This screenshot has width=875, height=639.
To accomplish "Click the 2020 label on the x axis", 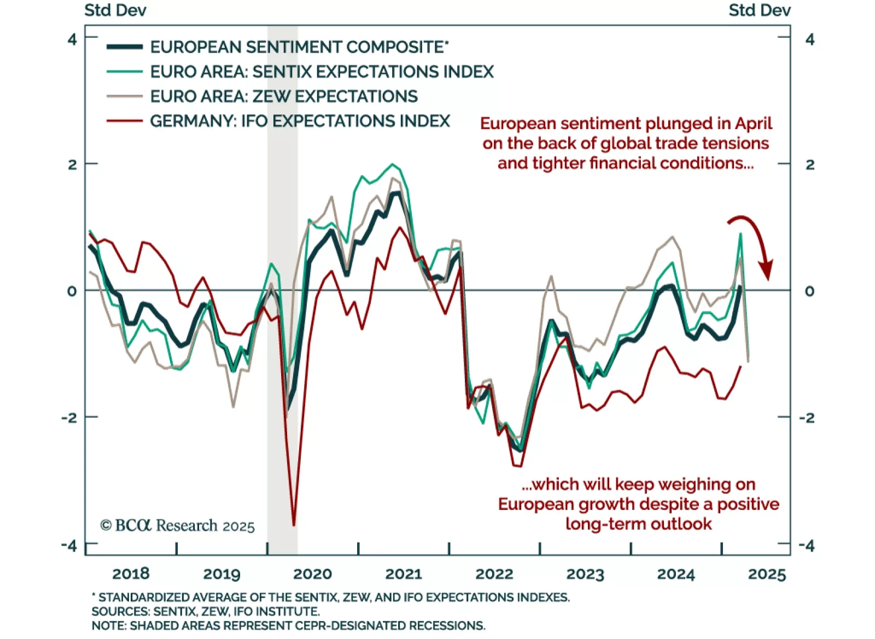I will click(312, 573).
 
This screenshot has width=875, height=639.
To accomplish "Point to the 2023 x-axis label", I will click(585, 574).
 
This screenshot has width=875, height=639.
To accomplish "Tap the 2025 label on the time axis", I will click(767, 574).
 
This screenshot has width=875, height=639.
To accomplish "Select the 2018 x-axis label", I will click(131, 573).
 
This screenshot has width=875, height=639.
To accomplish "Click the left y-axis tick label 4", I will click(72, 39).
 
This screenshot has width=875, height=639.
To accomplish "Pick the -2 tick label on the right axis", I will click(807, 418).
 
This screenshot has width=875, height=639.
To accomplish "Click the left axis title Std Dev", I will click(115, 10).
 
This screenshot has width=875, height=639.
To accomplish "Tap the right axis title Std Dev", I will click(759, 10).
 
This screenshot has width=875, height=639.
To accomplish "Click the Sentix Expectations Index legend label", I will click(322, 72).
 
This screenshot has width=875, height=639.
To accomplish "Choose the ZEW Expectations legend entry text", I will click(284, 96).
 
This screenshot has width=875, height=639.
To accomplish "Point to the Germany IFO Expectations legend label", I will click(300, 121).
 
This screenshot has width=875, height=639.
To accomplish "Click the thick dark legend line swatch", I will click(125, 47).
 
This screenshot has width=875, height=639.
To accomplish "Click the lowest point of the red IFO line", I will click(294, 525).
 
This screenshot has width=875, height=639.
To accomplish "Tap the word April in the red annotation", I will click(753, 124).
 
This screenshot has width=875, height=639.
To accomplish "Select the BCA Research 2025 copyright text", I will click(177, 526).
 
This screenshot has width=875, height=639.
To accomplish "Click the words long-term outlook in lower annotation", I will click(638, 524).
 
